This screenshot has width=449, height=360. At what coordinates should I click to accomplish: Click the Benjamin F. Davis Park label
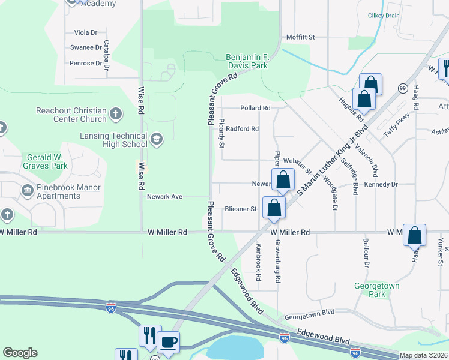click(246, 61)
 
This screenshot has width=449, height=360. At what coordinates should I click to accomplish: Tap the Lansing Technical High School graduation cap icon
click(156, 140)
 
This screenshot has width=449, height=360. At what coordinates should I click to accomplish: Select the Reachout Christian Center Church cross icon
click(116, 113)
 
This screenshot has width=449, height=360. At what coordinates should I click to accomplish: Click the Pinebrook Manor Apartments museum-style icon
click(27, 191)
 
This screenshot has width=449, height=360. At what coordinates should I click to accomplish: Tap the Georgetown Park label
click(376, 290)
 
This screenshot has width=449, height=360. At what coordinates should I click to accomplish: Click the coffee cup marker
click(168, 342)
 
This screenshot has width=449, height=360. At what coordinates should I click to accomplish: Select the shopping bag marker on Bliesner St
click(274, 208)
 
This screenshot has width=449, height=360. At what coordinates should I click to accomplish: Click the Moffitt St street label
click(300, 37)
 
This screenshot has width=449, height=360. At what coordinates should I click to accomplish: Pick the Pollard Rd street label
click(255, 108)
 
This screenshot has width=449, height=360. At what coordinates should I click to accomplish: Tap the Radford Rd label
click(243, 128)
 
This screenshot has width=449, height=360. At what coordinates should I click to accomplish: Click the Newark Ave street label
click(164, 196)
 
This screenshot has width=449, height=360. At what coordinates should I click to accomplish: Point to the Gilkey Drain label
click(385, 16)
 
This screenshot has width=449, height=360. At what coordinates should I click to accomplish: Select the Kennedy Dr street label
click(385, 185)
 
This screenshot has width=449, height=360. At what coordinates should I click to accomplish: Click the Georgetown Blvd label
click(309, 313)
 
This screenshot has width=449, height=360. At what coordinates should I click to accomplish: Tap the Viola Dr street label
click(85, 32)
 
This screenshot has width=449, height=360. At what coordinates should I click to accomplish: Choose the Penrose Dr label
click(86, 63)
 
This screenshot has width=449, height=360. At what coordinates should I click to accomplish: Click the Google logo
click(20, 353)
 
